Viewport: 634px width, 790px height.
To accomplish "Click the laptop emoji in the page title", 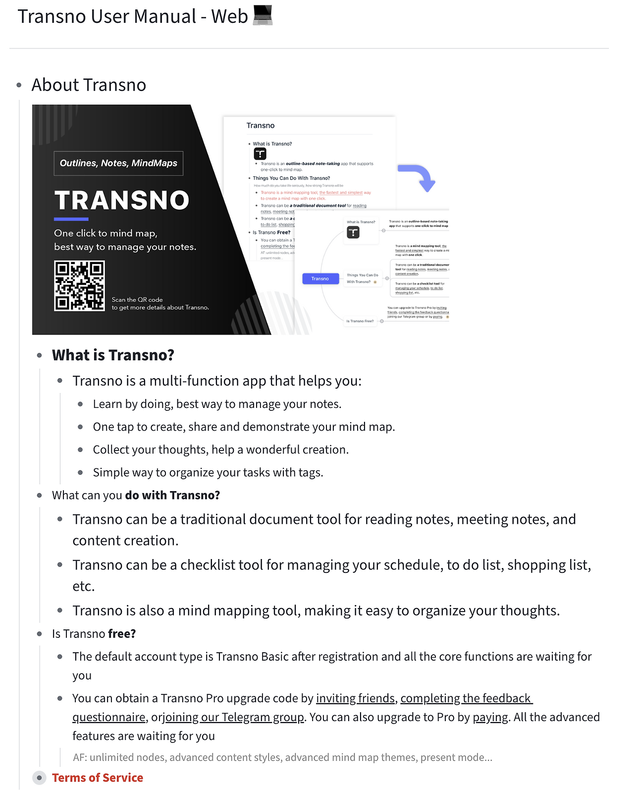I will (x=263, y=15).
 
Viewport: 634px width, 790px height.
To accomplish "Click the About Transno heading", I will (x=89, y=85).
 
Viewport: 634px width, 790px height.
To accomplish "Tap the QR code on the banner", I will (x=79, y=285).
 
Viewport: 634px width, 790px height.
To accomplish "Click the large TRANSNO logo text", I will (x=122, y=200).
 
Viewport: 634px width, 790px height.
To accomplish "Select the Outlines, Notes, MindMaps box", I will (x=118, y=163).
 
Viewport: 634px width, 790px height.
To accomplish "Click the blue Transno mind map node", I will (x=320, y=279).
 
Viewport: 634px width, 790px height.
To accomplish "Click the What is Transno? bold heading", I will (x=113, y=355).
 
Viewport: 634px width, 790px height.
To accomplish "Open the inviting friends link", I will (x=355, y=698).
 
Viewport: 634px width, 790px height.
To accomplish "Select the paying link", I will (x=490, y=717).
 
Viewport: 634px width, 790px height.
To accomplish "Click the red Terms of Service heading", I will (x=98, y=778).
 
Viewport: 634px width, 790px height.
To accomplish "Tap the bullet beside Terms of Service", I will (x=39, y=778).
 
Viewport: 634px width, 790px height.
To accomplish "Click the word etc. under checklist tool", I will (x=83, y=586).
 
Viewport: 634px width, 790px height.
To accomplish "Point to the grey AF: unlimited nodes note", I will (x=282, y=757).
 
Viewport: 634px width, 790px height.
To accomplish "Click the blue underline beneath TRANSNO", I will (x=71, y=219).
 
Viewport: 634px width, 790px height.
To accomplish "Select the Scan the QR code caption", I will (x=160, y=303).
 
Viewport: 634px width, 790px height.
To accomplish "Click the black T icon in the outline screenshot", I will (x=260, y=154).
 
